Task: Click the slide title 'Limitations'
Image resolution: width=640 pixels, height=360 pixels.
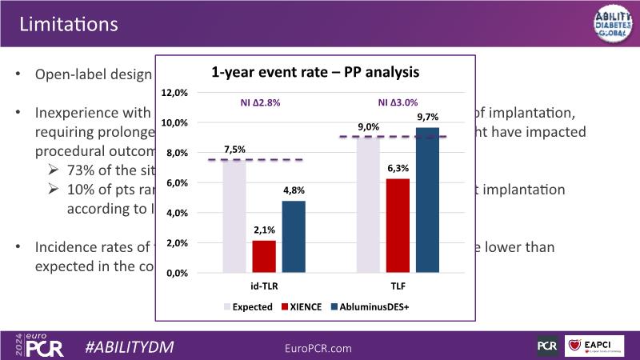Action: tap(69, 24)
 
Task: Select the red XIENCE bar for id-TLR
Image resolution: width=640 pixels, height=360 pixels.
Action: tap(264, 256)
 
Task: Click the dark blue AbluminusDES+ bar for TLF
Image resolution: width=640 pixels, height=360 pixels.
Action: tap(426, 200)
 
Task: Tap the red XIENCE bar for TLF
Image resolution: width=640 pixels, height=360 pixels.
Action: tap(398, 226)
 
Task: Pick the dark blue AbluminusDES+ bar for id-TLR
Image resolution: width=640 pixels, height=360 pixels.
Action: tap(294, 236)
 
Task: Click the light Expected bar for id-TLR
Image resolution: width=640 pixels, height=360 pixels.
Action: tap(234, 216)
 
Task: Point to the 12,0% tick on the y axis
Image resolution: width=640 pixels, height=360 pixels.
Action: tap(174, 93)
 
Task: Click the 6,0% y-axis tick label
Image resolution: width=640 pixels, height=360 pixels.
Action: tap(176, 183)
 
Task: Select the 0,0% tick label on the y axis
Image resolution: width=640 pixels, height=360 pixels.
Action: tap(176, 274)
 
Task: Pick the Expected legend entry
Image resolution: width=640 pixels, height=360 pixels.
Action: tap(252, 306)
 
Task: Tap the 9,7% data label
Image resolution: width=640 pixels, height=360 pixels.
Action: tap(427, 117)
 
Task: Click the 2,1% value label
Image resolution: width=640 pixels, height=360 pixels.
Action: tap(264, 230)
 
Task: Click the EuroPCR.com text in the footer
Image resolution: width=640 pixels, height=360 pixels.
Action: tap(318, 348)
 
